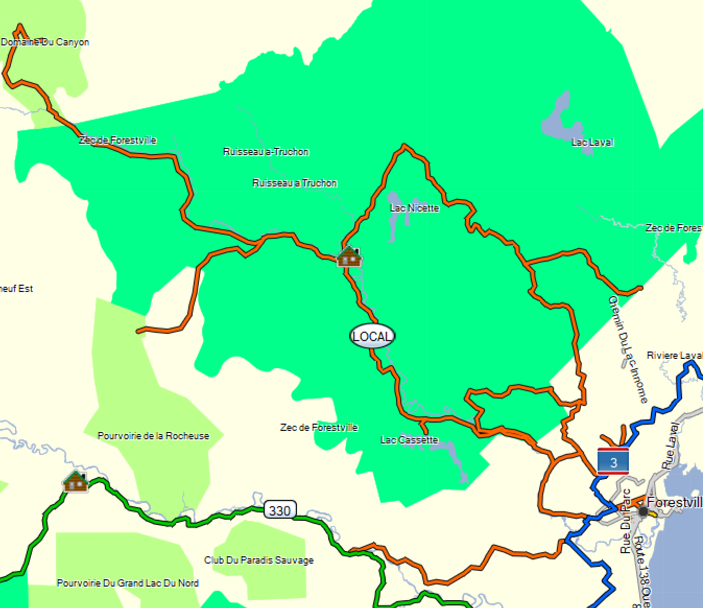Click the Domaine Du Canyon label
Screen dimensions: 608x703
point(45,42)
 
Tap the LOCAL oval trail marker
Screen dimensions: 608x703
point(372,336)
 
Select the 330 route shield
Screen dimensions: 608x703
point(280,510)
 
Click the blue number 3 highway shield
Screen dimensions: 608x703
point(613,462)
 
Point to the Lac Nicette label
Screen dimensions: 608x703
point(414,208)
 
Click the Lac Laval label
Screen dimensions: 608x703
point(592,142)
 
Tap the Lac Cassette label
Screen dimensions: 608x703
point(409,440)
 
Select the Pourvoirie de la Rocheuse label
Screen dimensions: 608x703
point(153,436)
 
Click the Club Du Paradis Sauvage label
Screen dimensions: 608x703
point(259,560)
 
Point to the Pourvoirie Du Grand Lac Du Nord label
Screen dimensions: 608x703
point(128,583)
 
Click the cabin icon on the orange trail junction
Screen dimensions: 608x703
point(349,256)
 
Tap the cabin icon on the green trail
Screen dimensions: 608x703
point(76,481)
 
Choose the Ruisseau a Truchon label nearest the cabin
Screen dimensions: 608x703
point(295,183)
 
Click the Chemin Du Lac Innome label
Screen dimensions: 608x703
point(628,349)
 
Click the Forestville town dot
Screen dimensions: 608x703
point(643,511)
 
